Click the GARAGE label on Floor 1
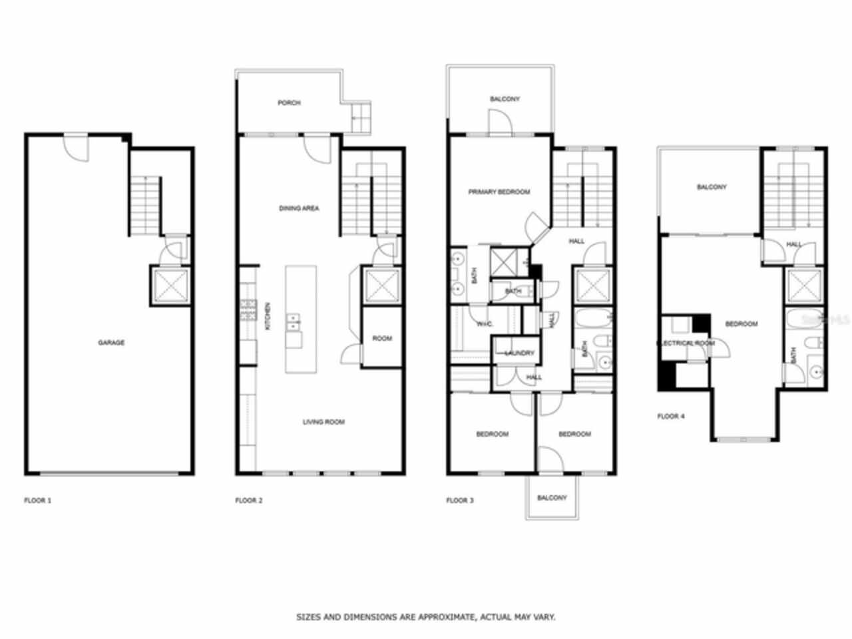[111, 343]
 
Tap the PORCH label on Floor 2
[289, 103]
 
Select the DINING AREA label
[299, 208]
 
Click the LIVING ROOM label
[323, 422]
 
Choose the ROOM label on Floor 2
[382, 339]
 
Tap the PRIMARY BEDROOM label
[499, 192]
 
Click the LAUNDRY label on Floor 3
[519, 353]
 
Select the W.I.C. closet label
[484, 324]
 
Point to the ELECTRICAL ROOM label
[686, 343]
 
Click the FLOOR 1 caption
[37, 501]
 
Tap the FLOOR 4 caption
[670, 417]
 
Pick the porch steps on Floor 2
[360, 118]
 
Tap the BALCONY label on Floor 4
[711, 188]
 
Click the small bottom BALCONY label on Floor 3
[552, 498]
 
